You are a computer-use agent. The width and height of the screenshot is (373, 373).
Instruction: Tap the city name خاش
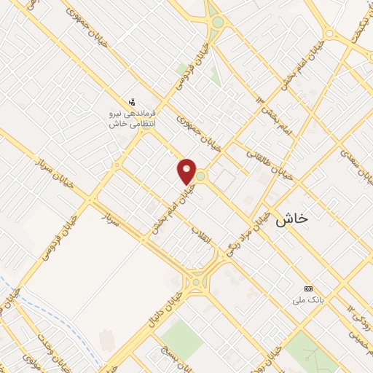(x=292, y=218)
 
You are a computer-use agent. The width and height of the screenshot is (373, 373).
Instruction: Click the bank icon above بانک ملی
(x=307, y=288)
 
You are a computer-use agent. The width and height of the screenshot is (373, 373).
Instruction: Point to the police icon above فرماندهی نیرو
(x=131, y=101)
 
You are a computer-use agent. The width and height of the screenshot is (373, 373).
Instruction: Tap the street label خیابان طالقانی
(x=272, y=165)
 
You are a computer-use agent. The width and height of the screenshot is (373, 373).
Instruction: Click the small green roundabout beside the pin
(x=200, y=176)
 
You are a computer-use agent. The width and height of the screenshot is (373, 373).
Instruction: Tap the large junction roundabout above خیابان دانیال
(x=196, y=280)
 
